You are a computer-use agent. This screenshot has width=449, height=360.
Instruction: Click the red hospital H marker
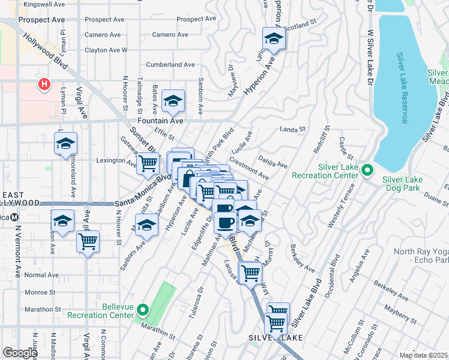[44, 85]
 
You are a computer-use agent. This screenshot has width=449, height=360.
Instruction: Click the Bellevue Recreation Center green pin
[143, 310]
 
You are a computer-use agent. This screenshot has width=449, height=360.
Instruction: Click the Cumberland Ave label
[170, 64]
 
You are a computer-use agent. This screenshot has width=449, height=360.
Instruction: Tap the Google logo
[20, 353]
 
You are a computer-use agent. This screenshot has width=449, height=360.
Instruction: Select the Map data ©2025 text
[423, 355]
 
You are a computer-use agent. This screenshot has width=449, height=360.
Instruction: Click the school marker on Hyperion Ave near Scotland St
[274, 40]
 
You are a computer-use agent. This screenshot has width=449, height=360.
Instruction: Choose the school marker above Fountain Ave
[173, 102]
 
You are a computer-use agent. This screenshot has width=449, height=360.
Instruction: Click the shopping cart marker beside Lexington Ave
[148, 163]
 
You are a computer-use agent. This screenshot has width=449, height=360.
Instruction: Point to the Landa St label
[293, 129]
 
